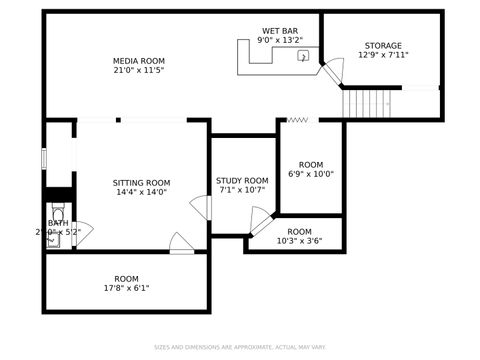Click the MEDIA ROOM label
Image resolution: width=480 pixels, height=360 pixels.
tap(138, 61)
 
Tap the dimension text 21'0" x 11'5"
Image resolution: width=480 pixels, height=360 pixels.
tap(138, 72)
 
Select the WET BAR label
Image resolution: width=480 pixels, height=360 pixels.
tap(279, 31)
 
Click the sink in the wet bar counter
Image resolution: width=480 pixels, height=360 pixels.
tap(303, 57)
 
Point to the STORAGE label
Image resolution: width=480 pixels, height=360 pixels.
tap(383, 46)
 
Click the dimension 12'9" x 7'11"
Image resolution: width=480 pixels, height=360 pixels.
tap(383, 56)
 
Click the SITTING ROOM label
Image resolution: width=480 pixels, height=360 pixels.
tap(141, 183)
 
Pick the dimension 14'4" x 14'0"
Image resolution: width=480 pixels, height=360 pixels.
tap(141, 193)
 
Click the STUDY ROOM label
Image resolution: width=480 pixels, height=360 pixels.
tap(242, 181)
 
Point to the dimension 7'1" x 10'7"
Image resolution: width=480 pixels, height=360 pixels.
tap(242, 191)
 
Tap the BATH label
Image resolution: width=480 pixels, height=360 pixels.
tap(44, 223)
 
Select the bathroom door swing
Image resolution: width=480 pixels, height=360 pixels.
tap(82, 234)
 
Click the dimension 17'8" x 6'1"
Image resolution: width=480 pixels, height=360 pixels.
tap(126, 289)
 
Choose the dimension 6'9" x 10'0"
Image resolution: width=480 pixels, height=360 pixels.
tap(311, 174)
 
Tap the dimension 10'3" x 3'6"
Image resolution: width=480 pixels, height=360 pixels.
tap(299, 241)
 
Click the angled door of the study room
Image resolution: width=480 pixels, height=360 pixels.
tap(260, 220)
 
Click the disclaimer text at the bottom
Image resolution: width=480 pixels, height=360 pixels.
tap(240, 347)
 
